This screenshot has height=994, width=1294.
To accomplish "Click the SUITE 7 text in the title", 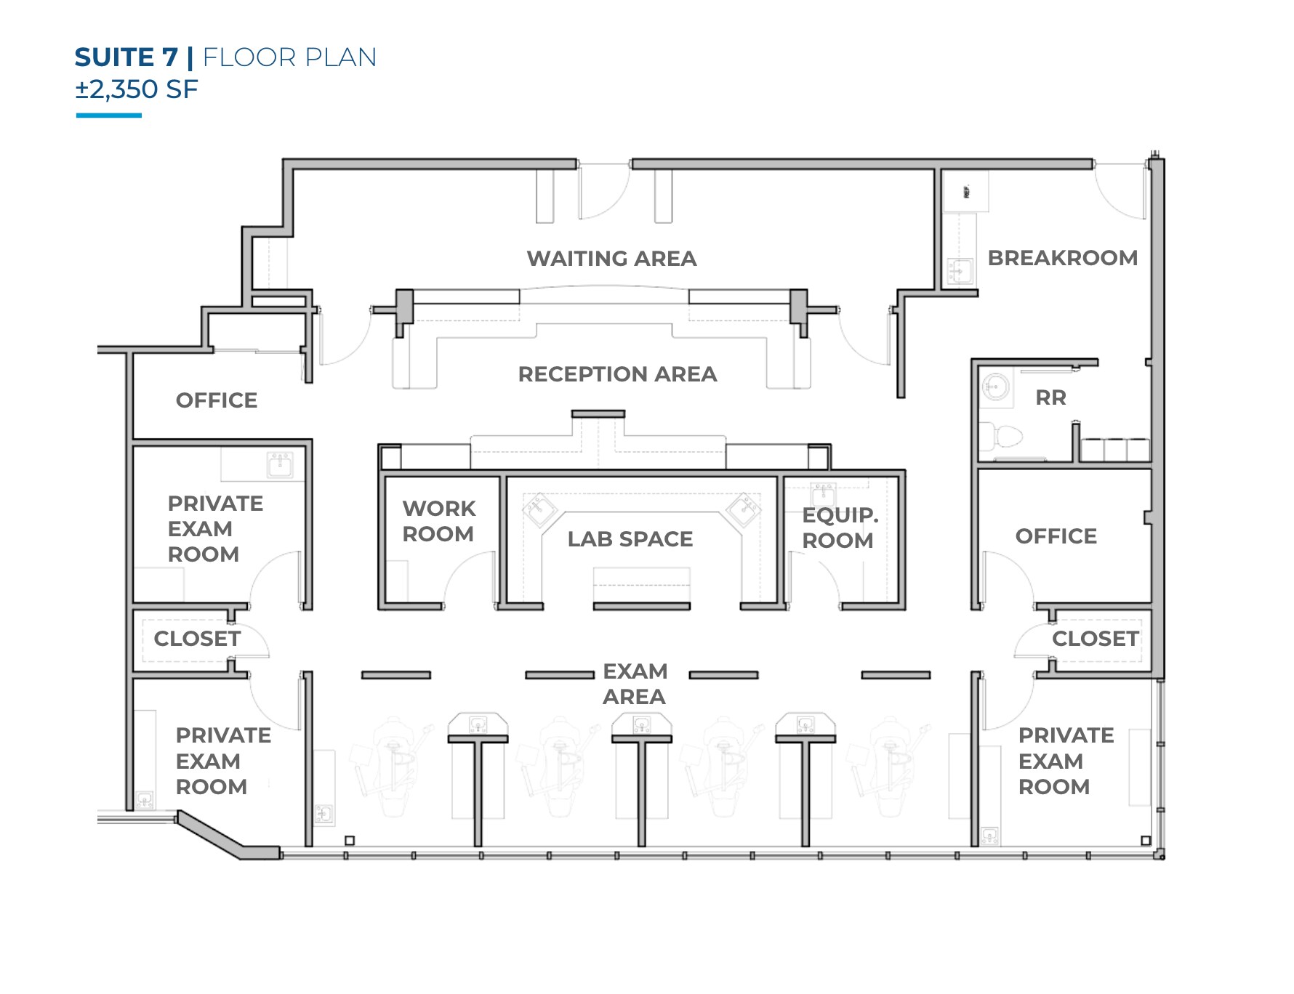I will point(126,57).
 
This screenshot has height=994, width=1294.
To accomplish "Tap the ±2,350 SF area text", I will point(137,89).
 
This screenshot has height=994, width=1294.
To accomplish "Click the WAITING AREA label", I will point(611,258).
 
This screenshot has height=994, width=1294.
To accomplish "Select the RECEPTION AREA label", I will point(617,374).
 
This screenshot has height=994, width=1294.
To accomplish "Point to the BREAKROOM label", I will point(1062,258).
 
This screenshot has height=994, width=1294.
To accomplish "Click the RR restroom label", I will point(1050,397).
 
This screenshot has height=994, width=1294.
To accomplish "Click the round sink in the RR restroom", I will point(995,387).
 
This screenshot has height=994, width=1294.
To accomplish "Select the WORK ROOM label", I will point(438,521).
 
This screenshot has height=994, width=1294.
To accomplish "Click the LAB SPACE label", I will point(630,539).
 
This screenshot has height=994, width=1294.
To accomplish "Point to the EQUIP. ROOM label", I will point(839,528).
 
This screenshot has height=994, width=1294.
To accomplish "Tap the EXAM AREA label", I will point(635,684).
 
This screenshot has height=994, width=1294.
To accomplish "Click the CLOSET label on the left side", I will point(197,639).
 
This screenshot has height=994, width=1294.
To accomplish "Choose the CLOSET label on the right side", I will point(1095,639).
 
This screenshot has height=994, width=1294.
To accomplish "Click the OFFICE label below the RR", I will point(1056,536).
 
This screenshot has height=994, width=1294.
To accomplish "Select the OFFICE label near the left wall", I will point(217,400).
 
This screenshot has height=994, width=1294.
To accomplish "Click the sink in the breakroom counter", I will point(959,272).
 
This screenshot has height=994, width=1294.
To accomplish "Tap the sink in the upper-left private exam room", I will point(280,464).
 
